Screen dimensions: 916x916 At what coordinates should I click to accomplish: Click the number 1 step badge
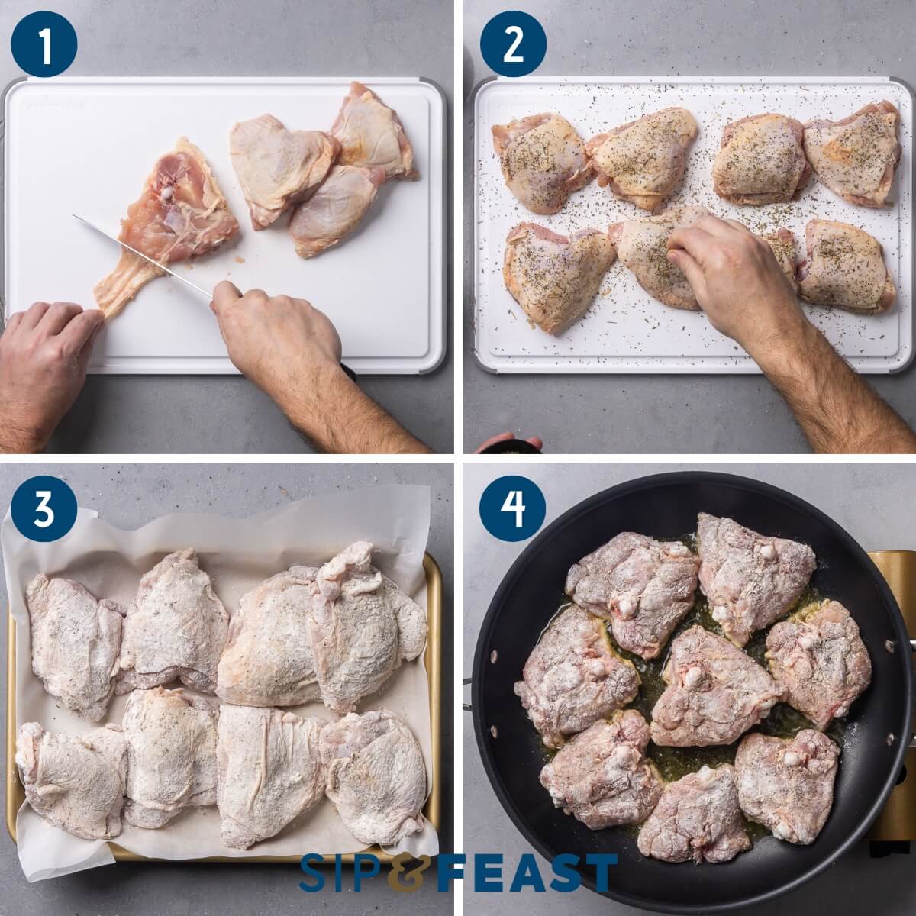point(44,44)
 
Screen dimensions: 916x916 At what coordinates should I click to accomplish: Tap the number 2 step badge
point(513,44)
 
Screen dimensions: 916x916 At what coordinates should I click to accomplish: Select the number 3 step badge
point(44,508)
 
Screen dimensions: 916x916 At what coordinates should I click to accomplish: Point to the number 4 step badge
point(513,508)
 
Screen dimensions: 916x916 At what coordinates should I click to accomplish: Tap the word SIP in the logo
point(341,872)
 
